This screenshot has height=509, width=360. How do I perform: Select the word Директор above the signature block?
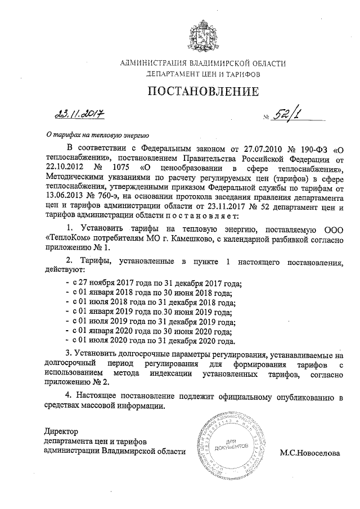pyautogui.click(x=60, y=431)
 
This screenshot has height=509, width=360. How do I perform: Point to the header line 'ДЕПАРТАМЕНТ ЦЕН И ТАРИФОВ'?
pyautogui.click(x=203, y=74)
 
